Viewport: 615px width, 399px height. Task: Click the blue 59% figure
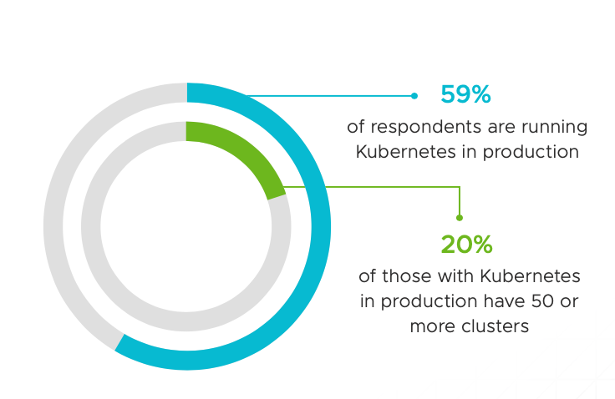click(x=465, y=94)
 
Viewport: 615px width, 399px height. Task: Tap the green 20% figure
click(x=466, y=245)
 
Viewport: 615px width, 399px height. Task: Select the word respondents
click(x=426, y=128)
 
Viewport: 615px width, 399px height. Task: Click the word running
click(x=554, y=128)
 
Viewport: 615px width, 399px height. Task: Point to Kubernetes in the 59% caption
click(x=405, y=152)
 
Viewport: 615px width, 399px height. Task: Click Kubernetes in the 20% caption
click(x=530, y=276)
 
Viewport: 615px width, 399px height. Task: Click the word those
click(x=407, y=276)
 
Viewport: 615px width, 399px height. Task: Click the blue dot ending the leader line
click(x=414, y=96)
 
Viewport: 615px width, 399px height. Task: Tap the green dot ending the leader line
click(x=460, y=218)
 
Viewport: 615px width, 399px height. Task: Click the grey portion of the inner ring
click(x=186, y=321)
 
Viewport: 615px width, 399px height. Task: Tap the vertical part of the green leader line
click(x=460, y=202)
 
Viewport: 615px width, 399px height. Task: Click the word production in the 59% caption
click(x=531, y=153)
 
